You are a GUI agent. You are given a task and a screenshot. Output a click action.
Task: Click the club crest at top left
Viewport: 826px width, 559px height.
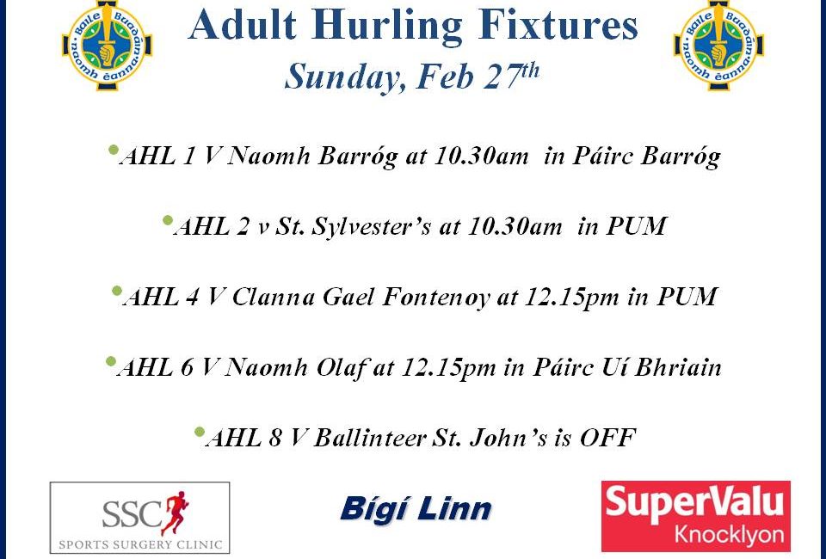[x=108, y=46]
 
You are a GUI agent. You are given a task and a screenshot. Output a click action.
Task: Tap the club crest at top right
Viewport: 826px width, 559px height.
[x=718, y=46]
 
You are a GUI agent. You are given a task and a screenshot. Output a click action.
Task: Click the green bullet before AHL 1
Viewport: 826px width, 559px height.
[x=113, y=150]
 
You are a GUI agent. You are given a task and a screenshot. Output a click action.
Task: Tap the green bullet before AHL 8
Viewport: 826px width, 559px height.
[x=199, y=432]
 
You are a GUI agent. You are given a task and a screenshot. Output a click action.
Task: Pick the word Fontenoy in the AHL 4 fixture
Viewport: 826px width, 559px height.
[x=435, y=298]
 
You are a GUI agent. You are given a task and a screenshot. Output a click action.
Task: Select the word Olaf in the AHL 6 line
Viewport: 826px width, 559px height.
[x=342, y=367]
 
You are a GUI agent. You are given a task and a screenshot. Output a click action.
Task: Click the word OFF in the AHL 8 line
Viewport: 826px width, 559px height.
[x=607, y=438]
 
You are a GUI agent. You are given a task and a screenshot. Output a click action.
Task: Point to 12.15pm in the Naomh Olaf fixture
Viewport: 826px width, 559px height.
[x=448, y=367]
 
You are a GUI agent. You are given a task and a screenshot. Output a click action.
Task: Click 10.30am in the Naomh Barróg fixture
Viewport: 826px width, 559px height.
[x=480, y=156]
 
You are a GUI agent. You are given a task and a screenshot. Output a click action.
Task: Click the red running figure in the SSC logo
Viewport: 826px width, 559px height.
[x=175, y=513]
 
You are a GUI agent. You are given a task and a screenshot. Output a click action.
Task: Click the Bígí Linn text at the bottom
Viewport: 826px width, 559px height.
[x=416, y=509]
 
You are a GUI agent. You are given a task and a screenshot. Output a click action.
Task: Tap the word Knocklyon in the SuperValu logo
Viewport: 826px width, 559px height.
[x=729, y=535]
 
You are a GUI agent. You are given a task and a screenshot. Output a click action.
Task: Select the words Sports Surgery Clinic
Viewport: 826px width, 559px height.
[x=140, y=544]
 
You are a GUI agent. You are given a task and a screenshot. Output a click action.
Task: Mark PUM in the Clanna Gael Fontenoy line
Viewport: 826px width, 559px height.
[x=687, y=297]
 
